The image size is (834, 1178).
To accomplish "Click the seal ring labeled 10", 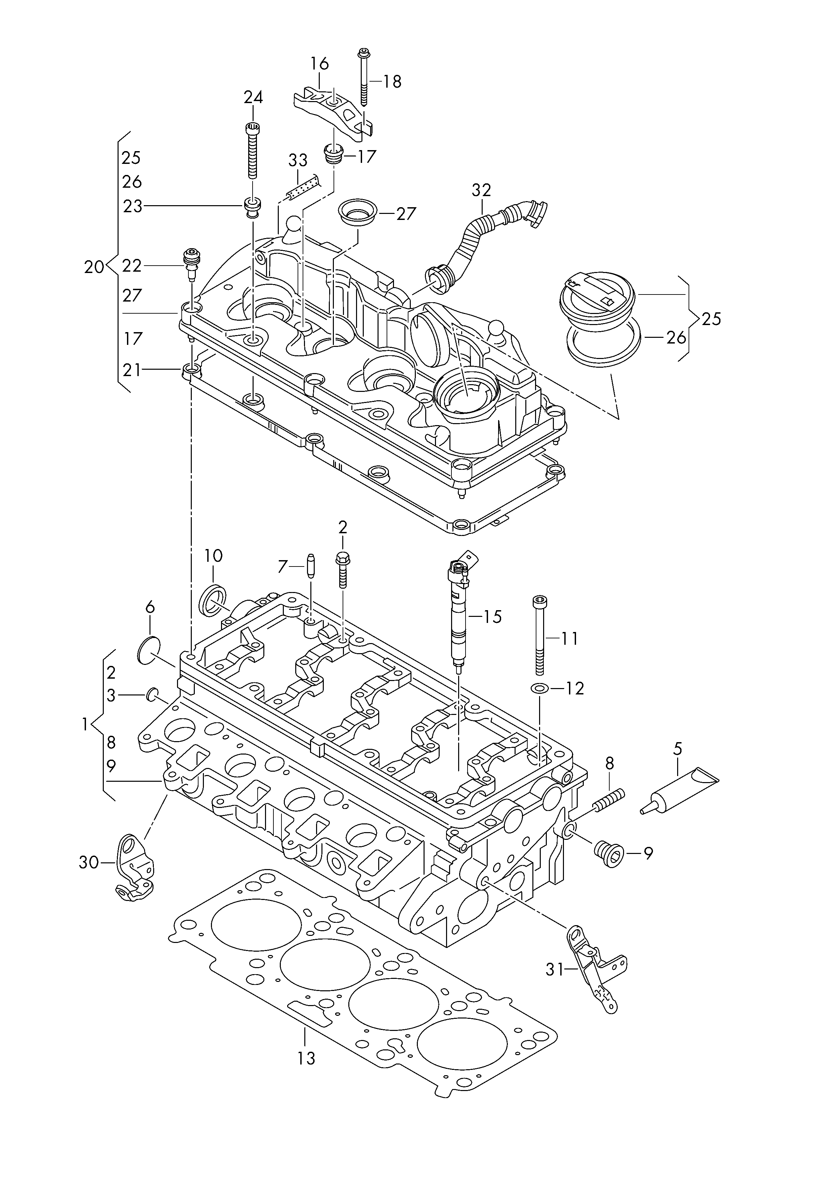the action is coord(212,599).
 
